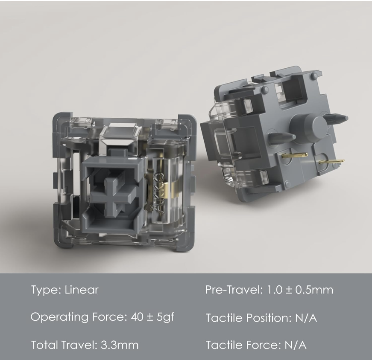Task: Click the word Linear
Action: pos(82,290)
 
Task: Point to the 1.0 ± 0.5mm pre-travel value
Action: pos(299,290)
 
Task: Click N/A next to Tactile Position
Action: pos(305,318)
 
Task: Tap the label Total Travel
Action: pos(62,345)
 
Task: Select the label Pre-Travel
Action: pos(233,290)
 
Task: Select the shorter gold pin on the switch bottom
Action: pos(295,155)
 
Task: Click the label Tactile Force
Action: pos(239,345)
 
